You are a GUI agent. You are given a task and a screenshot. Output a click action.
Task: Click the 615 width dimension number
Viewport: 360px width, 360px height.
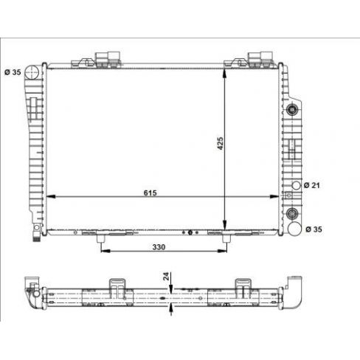[150, 193]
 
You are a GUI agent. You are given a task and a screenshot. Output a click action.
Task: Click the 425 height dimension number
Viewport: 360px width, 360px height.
[220, 143]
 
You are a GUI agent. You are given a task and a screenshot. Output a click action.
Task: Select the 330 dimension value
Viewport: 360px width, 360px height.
[159, 247]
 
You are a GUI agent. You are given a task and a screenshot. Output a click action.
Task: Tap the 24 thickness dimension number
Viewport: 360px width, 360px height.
[167, 276]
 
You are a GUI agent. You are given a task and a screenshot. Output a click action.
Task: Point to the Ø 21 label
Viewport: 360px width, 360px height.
[312, 185]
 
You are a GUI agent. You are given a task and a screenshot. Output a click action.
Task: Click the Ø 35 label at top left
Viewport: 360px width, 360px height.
[13, 72]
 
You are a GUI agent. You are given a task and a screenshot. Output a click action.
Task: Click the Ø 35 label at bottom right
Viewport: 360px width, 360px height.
[314, 229]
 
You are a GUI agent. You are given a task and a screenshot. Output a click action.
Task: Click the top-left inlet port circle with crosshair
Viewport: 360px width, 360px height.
[32, 72]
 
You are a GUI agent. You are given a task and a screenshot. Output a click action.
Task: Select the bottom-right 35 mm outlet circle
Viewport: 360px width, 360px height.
[294, 229]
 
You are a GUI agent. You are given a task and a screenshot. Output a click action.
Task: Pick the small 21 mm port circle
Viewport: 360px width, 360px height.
[297, 185]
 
